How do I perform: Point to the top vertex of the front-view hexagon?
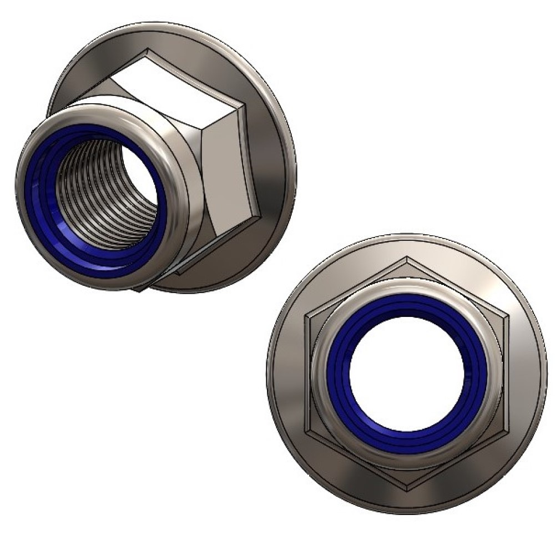coord(407,258)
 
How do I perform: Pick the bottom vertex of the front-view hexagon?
coord(407,491)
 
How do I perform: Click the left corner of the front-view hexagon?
coord(306,317)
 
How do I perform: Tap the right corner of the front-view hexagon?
coord(508,317)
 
